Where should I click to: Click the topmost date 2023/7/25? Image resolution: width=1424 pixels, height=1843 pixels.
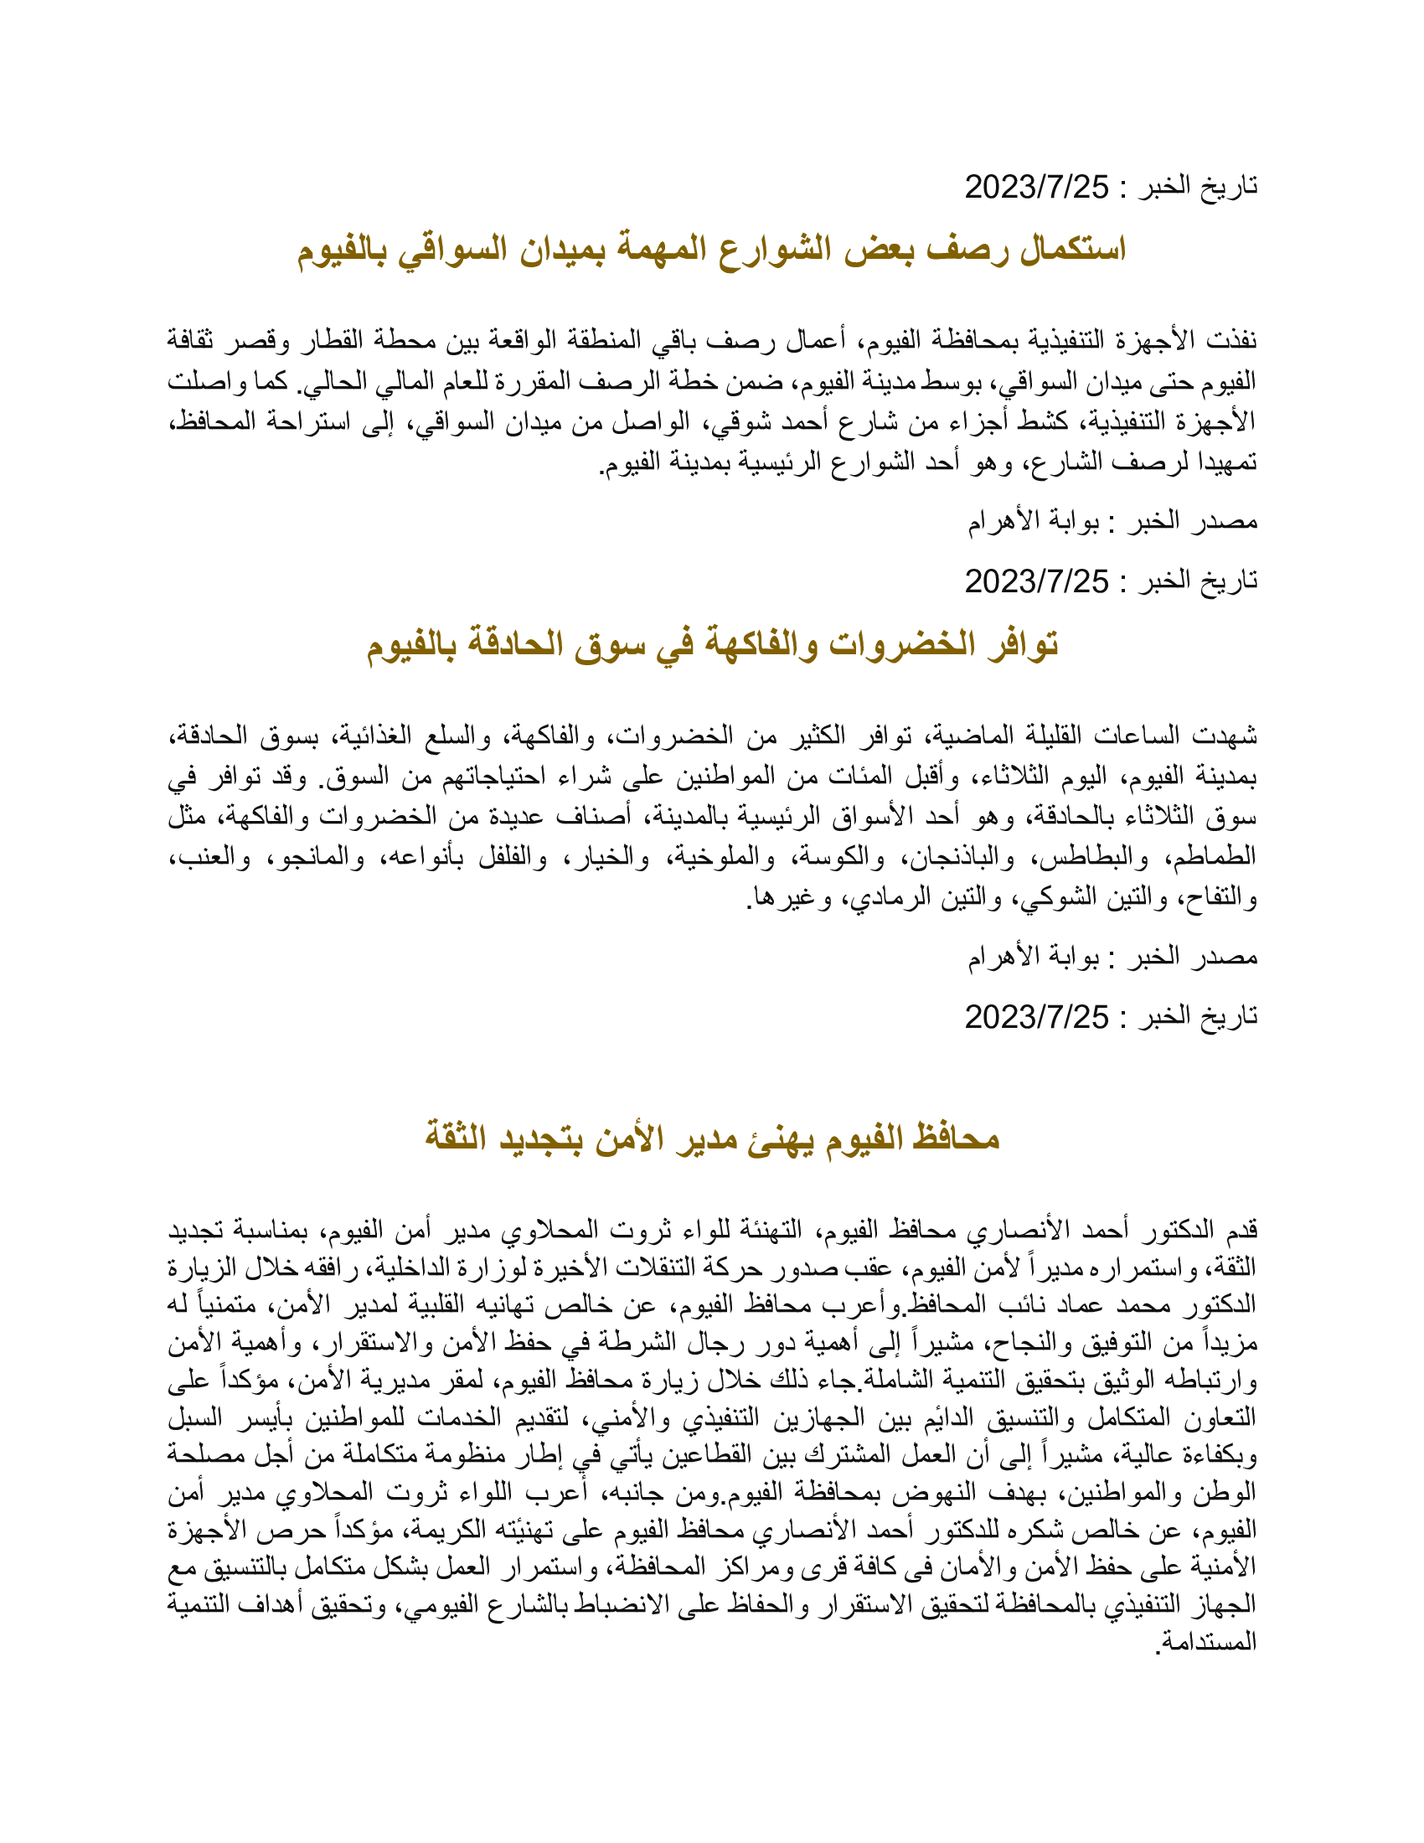click(1036, 188)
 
